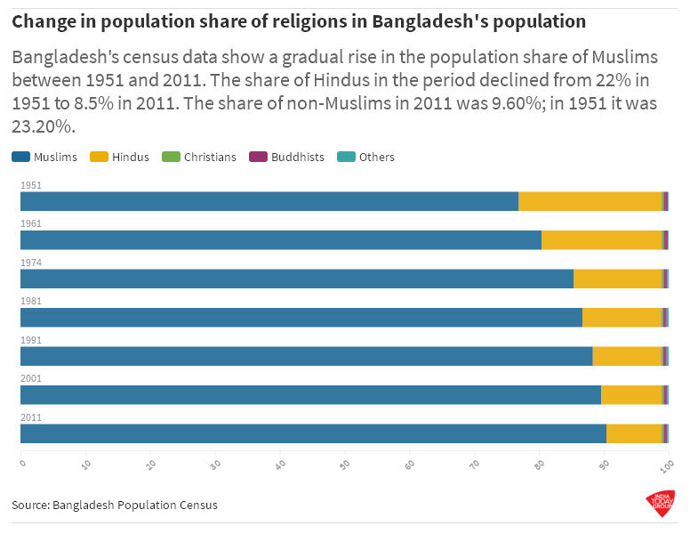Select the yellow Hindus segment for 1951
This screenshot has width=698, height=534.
tap(590, 201)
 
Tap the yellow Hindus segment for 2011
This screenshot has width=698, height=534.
tap(634, 433)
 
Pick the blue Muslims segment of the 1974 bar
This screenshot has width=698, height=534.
tap(296, 279)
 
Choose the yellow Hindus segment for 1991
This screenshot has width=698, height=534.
tap(627, 356)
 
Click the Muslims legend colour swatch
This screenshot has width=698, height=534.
tap(20, 158)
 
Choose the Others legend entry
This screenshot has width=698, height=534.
tap(366, 158)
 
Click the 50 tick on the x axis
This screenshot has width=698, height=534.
tap(346, 463)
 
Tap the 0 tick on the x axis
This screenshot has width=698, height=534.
tap(23, 462)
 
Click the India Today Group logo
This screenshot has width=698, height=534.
tap(660, 504)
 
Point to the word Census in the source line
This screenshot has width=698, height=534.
tap(197, 506)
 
